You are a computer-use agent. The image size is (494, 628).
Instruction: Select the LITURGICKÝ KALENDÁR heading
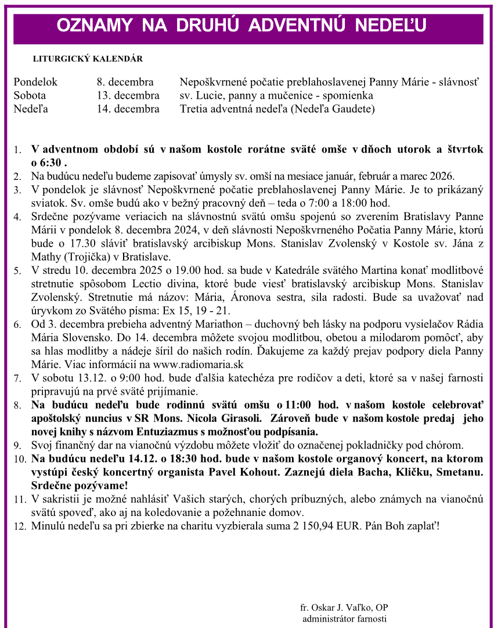tap(88, 59)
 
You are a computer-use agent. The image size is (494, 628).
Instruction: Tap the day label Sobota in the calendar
tap(30, 95)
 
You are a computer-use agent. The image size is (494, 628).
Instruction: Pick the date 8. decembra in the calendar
tap(125, 82)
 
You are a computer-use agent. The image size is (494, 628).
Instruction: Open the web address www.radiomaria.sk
tap(198, 364)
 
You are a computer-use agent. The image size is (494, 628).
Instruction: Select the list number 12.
tap(19, 526)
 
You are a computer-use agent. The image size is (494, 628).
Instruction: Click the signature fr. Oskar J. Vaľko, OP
tap(344, 608)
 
